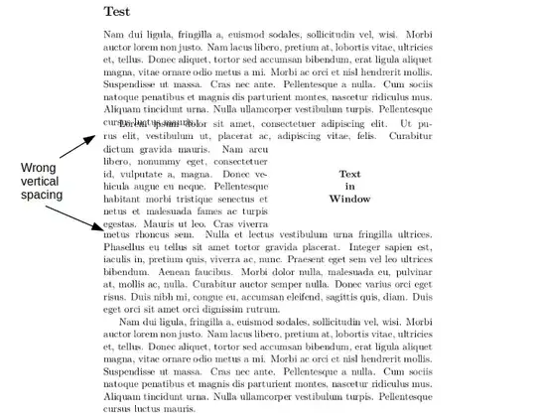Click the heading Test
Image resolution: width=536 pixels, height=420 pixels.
point(116,12)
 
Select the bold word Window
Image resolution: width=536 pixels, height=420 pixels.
point(349,199)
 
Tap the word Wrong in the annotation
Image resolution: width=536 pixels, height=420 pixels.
point(39,168)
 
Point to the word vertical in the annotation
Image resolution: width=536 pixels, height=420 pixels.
point(39,182)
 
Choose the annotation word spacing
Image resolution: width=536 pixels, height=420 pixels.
point(39,196)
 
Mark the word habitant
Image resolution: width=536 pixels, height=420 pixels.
point(124,199)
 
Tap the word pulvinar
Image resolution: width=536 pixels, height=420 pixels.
point(412,271)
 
